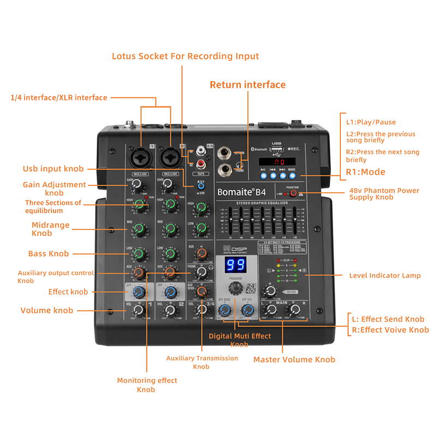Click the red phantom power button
(x=293, y=193)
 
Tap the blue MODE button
(x=292, y=176)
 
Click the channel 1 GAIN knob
(x=138, y=184)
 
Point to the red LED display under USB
(x=277, y=162)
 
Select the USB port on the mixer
(x=276, y=149)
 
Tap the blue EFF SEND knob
(x=224, y=310)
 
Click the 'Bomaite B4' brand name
(x=241, y=192)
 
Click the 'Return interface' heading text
(x=247, y=85)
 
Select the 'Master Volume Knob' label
(x=294, y=359)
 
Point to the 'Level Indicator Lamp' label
(x=385, y=275)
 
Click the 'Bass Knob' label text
(x=49, y=253)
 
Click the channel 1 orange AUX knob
(x=139, y=271)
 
